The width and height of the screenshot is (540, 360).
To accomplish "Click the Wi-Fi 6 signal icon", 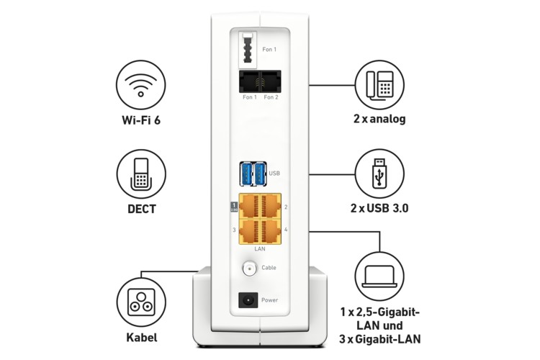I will point(141,84).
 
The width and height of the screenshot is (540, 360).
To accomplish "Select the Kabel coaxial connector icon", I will point(141,305).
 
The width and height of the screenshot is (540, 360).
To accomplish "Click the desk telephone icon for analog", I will point(381,84).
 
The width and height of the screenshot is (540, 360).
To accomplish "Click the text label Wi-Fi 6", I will point(141,119).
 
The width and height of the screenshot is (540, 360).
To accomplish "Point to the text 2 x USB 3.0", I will point(379,209).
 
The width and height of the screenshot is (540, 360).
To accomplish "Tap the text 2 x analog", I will point(379,119).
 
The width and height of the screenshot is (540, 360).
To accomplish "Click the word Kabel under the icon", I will point(141,338).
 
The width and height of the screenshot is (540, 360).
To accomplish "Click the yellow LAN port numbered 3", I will point(248,230).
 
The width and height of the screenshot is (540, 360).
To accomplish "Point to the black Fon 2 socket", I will point(271,81).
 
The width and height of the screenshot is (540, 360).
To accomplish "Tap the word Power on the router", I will point(270,300).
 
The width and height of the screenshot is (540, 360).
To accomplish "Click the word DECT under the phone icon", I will point(141,210).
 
